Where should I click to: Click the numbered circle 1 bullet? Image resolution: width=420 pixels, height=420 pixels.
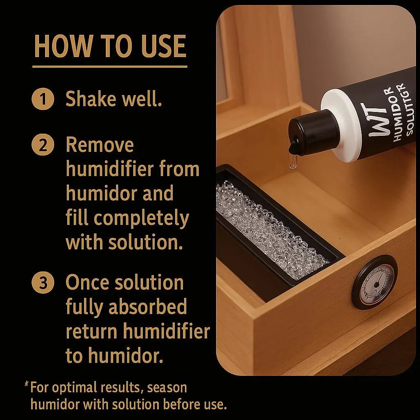(x=43, y=100)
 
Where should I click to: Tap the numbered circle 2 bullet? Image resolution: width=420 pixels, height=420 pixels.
(x=43, y=145)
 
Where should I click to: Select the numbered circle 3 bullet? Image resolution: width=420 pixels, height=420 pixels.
(x=43, y=283)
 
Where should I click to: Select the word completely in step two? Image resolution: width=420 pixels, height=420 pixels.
(x=141, y=219)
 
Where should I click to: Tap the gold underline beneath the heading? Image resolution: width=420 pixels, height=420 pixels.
(x=110, y=66)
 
